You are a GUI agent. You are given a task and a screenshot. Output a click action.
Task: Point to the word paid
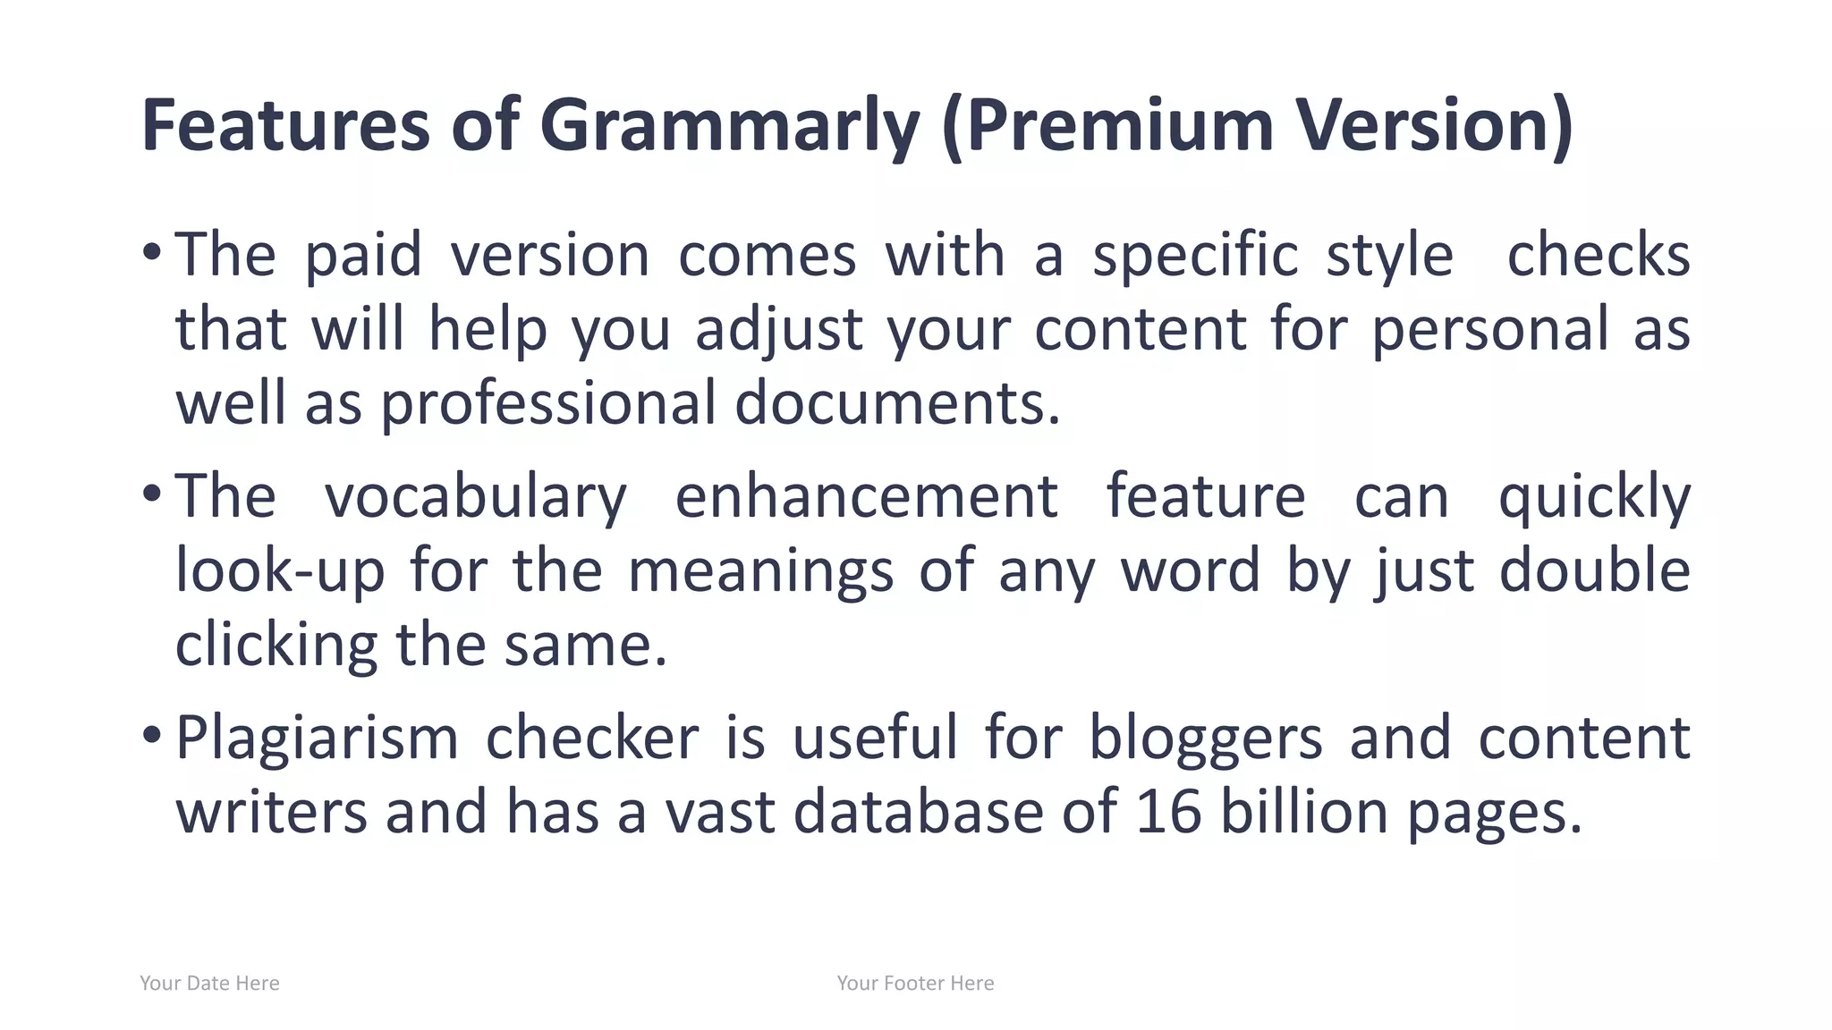tap(363, 257)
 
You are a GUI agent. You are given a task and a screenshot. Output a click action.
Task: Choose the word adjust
tap(779, 330)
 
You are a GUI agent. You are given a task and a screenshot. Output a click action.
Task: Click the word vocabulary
tap(476, 497)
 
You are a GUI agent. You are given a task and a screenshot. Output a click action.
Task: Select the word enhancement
tap(867, 497)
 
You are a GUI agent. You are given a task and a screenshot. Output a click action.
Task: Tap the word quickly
tap(1594, 497)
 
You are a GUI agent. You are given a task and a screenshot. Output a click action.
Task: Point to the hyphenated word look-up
tap(280, 571)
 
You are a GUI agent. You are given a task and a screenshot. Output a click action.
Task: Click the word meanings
tap(760, 571)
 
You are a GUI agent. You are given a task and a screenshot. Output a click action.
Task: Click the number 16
tap(1168, 813)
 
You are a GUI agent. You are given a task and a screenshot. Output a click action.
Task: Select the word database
tap(919, 813)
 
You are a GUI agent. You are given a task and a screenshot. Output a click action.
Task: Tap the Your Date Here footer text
tap(209, 984)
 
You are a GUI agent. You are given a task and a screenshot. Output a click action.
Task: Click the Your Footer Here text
tap(915, 984)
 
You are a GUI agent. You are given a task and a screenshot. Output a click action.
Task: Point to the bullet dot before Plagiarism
tap(151, 735)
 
